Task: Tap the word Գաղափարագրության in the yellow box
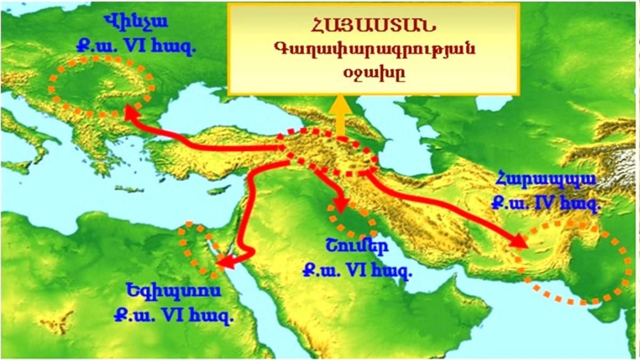(x=373, y=50)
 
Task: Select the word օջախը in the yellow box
(x=373, y=73)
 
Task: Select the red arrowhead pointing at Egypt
(x=225, y=263)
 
